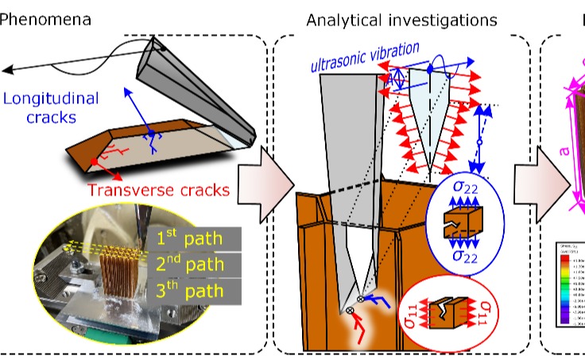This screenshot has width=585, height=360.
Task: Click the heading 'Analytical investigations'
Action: [x=401, y=18]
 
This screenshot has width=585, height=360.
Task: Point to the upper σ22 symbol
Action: [x=464, y=189]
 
